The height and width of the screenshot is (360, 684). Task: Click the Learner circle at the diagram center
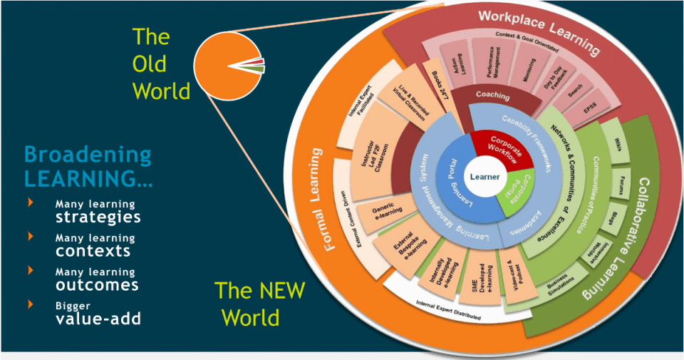pyautogui.click(x=484, y=177)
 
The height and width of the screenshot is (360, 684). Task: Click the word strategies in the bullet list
pyautogui.click(x=98, y=217)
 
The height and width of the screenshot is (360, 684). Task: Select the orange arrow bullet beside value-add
pyautogui.click(x=31, y=304)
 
